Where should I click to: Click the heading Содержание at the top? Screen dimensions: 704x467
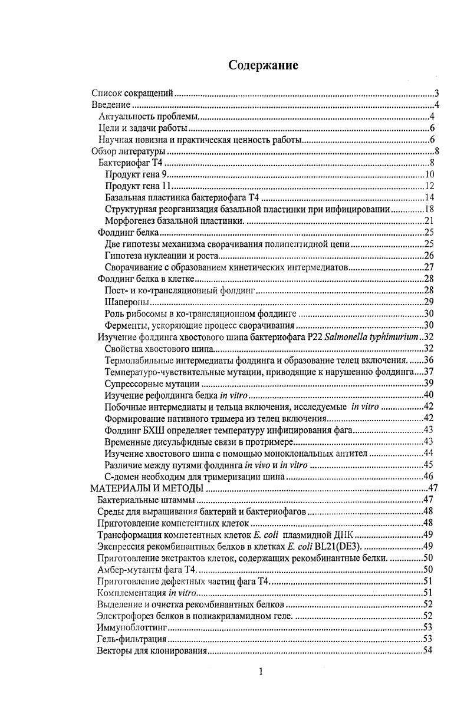tap(263, 65)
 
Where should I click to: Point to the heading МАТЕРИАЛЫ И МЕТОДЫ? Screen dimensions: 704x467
tap(146, 488)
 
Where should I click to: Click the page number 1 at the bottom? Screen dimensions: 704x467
tap(261, 672)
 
